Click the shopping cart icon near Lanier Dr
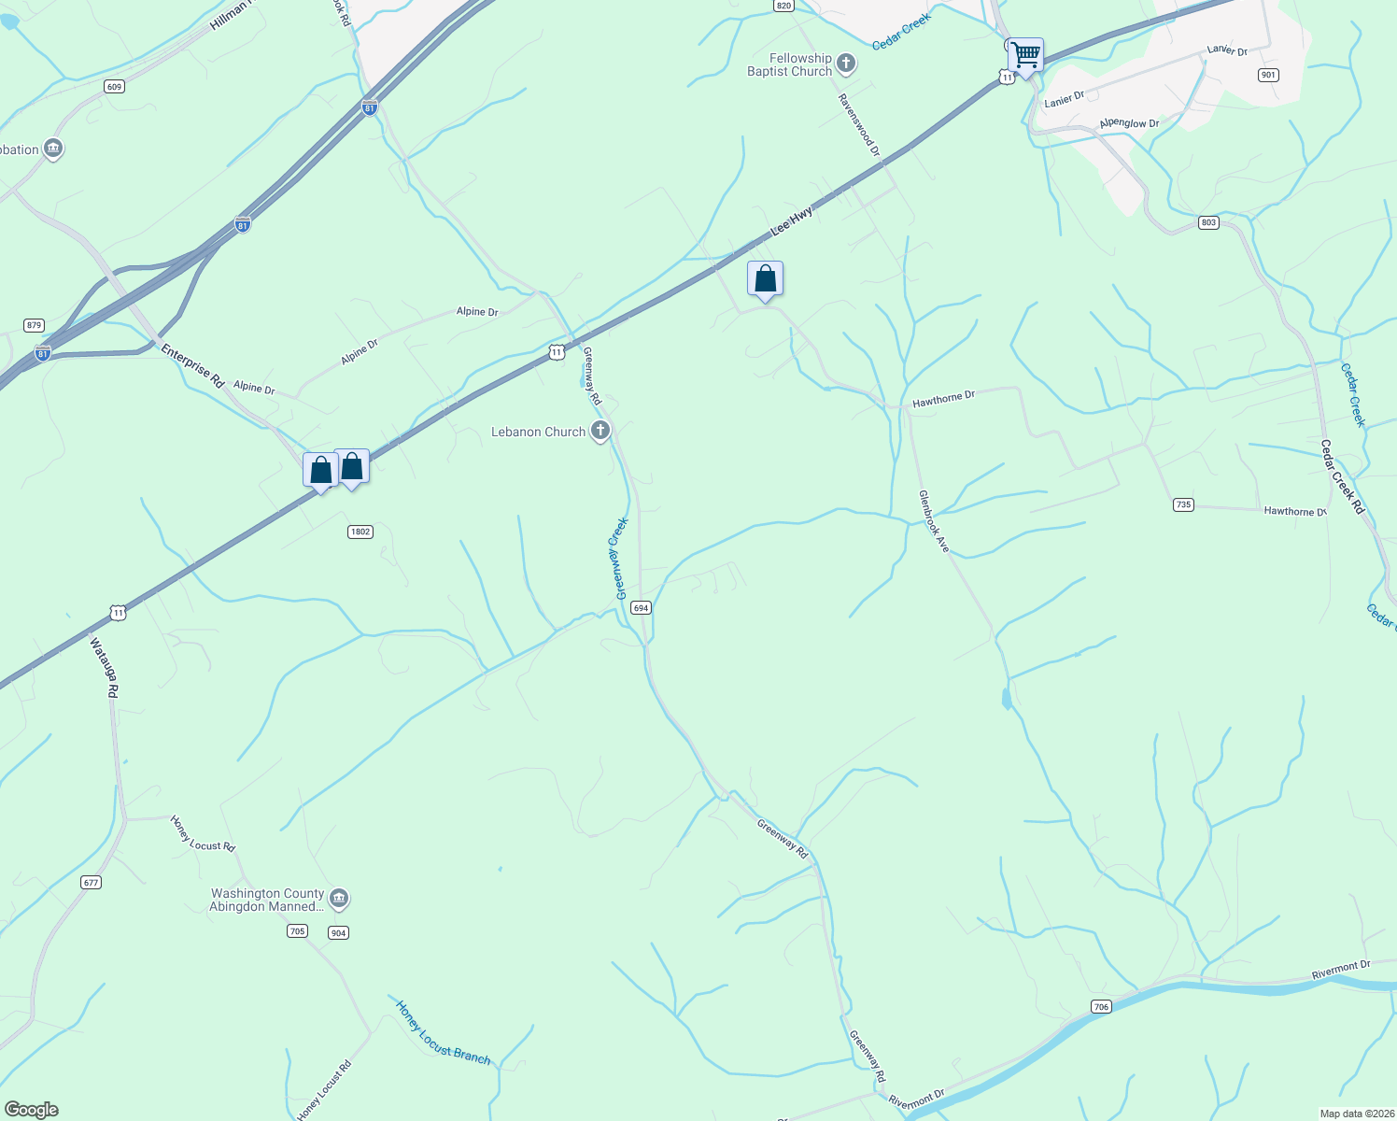[x=1025, y=56]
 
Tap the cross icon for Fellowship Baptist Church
[x=846, y=64]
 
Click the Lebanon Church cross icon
[x=600, y=431]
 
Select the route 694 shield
[x=641, y=607]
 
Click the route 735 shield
[x=1183, y=504]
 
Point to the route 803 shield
[x=1208, y=222]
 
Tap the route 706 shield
[x=1102, y=1006]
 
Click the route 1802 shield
[x=360, y=532]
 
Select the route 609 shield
[x=114, y=87]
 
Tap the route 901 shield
[x=1267, y=75]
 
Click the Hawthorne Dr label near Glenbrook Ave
[x=943, y=399]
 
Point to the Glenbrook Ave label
[x=933, y=521]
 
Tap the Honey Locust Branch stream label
[x=443, y=1032]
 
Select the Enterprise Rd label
[x=192, y=366]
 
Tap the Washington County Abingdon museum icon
[x=339, y=900]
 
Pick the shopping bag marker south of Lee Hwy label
[x=765, y=279]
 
